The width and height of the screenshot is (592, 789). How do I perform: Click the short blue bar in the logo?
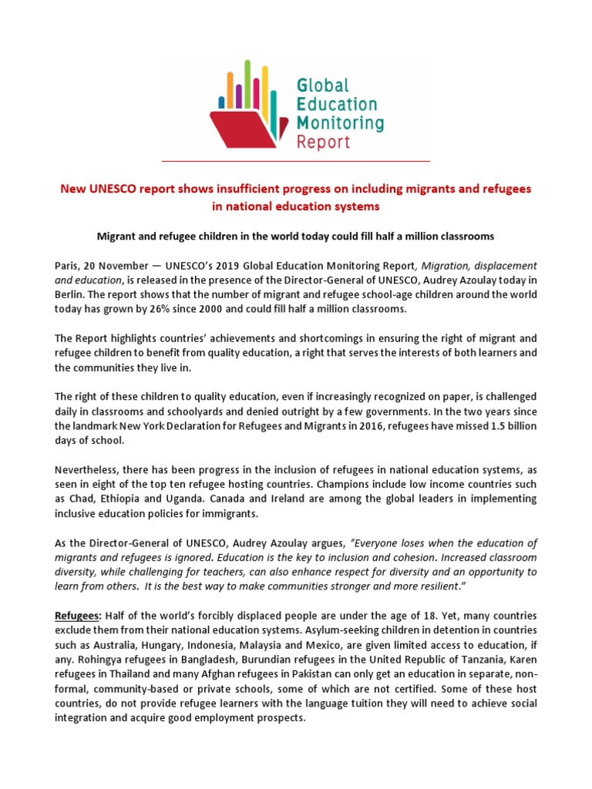(x=221, y=101)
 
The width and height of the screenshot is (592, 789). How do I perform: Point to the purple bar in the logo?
(x=238, y=96)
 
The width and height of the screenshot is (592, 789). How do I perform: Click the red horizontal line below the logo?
(x=295, y=161)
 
